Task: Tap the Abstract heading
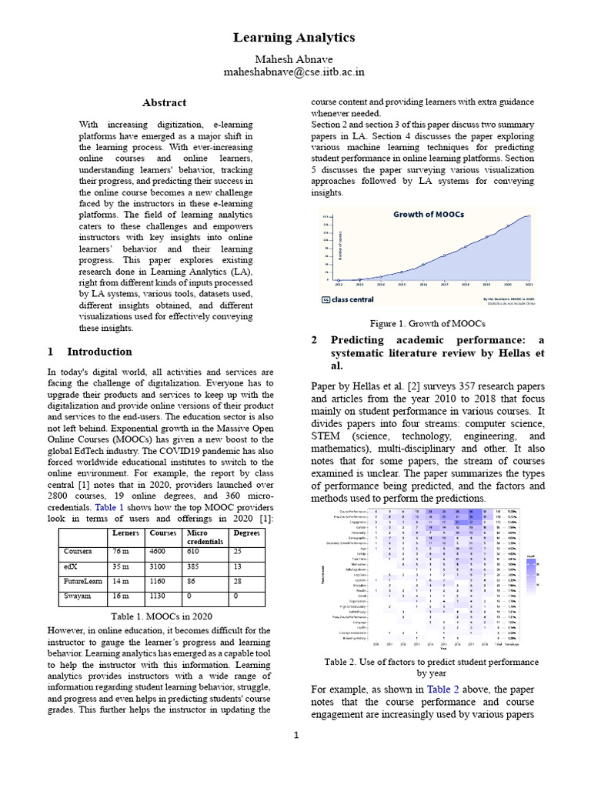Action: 164,102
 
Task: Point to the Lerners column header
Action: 126,533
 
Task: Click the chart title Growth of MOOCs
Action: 429,215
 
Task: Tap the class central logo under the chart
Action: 347,299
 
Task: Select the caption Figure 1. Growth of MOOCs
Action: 426,323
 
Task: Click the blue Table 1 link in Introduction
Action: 109,508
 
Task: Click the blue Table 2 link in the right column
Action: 440,689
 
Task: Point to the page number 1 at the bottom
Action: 295,736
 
